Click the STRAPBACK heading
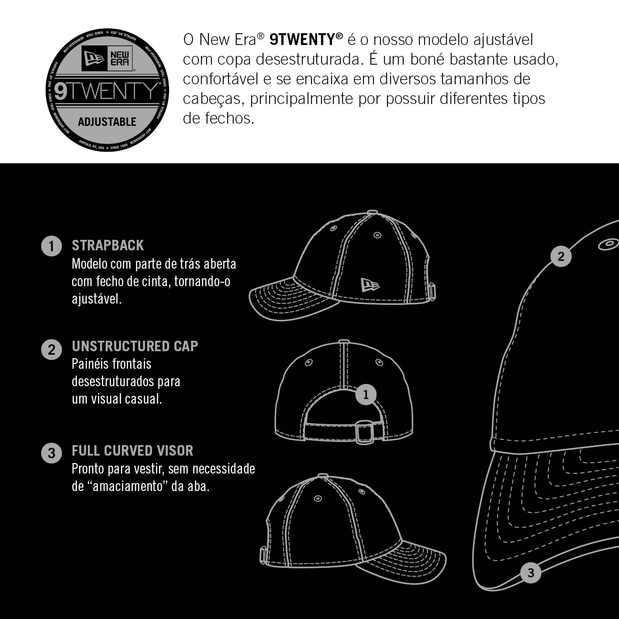(107, 246)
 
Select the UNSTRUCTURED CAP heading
(135, 346)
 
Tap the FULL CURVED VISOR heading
(132, 451)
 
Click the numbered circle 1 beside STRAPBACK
(52, 246)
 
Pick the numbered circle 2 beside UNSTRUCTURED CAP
(52, 349)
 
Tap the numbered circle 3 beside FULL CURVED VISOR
(52, 453)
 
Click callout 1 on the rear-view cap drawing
(366, 394)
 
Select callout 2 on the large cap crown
(561, 256)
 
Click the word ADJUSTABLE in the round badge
(107, 122)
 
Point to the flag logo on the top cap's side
(370, 285)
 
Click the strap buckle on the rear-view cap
(365, 432)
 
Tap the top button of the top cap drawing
(372, 212)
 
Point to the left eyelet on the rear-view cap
(309, 362)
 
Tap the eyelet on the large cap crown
(609, 245)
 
